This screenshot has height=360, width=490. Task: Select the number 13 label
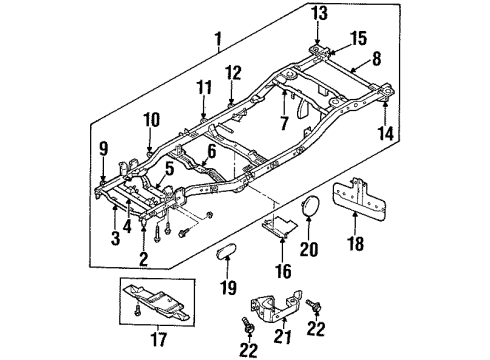[x=319, y=13]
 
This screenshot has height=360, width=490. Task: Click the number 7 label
[x=283, y=122]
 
